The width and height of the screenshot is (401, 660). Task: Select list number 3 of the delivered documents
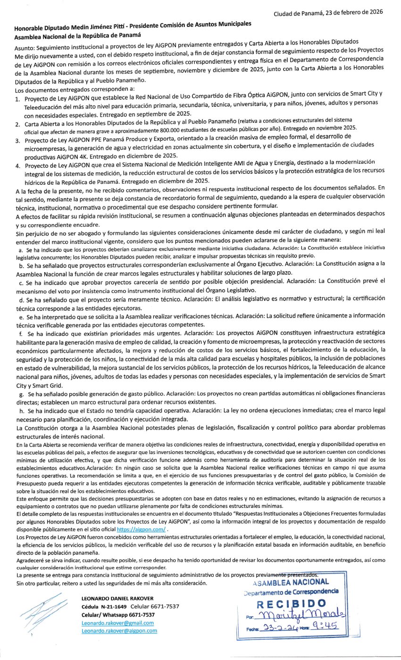17,140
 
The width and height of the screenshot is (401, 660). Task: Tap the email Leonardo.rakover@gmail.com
117,623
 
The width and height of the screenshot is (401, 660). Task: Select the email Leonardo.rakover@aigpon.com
119,630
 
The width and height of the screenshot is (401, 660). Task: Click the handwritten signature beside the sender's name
40,612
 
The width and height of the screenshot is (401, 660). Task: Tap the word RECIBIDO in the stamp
291,603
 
